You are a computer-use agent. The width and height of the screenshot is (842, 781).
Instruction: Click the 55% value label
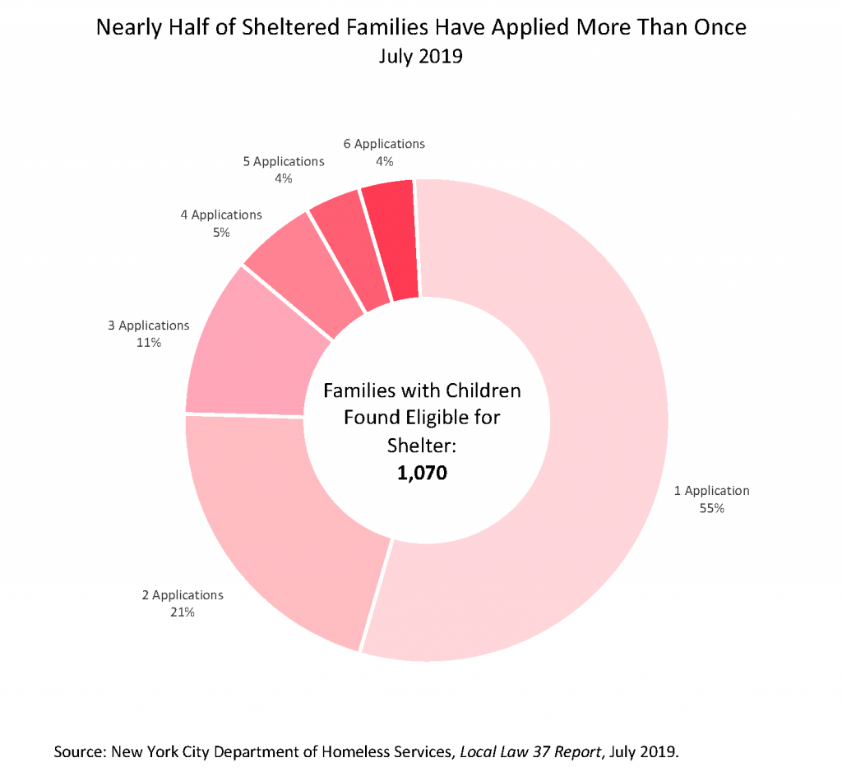click(712, 508)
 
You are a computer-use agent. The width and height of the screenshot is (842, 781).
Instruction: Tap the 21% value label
click(183, 612)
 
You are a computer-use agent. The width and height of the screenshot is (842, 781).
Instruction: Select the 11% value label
click(149, 342)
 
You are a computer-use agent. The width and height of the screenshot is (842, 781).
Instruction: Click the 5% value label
click(220, 232)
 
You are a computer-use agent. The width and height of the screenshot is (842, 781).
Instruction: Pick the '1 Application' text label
click(712, 491)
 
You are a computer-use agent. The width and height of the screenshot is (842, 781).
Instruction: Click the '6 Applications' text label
click(384, 144)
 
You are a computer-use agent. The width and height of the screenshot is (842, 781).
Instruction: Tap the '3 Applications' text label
click(149, 326)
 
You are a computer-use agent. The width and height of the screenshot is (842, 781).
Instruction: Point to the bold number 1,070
click(422, 474)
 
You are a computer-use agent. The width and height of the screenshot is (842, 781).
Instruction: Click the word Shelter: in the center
click(422, 445)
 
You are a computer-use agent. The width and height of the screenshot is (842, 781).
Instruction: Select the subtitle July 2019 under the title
click(421, 57)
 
